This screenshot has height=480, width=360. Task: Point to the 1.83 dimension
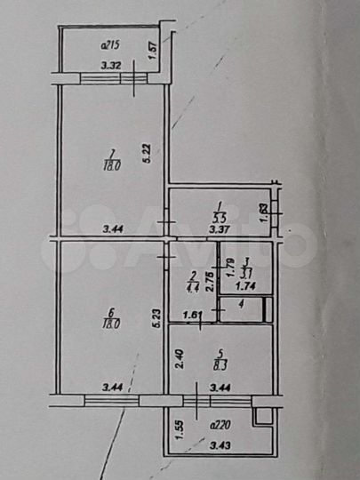click(x=264, y=212)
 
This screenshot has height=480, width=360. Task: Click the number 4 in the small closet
click(x=240, y=306)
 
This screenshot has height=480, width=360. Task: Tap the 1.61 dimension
click(x=193, y=314)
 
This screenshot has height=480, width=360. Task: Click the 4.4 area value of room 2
click(x=192, y=286)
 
